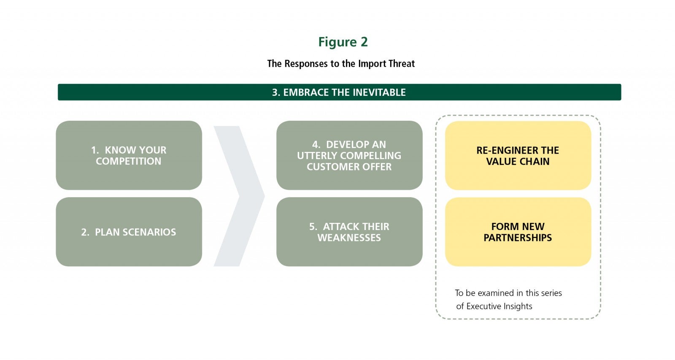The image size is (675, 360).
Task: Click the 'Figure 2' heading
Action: (343, 42)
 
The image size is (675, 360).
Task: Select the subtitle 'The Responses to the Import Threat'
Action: (341, 64)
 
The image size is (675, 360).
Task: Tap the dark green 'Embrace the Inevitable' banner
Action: (339, 92)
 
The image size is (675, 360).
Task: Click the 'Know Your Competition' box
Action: (129, 155)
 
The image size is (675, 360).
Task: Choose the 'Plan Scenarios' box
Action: (129, 232)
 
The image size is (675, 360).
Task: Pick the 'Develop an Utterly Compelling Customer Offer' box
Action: (349, 155)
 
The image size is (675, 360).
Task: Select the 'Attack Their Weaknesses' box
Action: (349, 232)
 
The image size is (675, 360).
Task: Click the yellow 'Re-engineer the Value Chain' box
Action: (518, 155)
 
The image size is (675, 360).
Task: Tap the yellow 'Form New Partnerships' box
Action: (518, 232)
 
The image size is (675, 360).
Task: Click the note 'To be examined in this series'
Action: (508, 293)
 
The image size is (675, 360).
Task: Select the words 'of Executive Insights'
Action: (494, 306)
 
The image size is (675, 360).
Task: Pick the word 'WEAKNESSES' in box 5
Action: (349, 238)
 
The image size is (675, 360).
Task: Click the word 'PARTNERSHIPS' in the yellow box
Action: (518, 238)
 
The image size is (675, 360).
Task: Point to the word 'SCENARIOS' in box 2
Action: (150, 232)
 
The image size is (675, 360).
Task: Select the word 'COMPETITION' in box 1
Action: (129, 161)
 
